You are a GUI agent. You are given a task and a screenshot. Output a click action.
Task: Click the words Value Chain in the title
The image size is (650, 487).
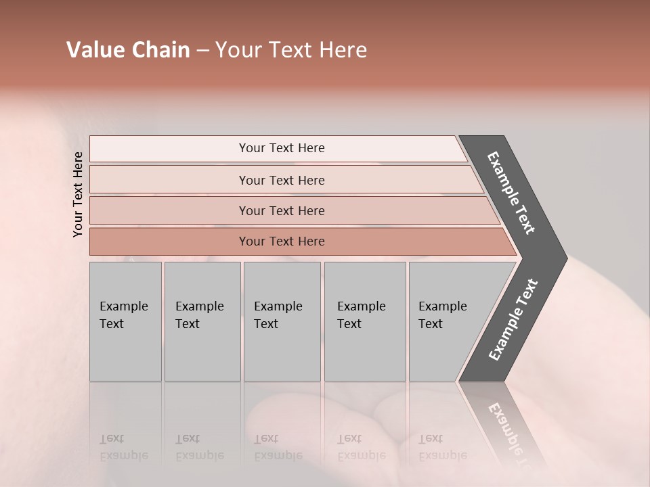click(128, 50)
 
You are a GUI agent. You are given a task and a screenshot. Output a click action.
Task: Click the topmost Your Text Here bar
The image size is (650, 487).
click(278, 149)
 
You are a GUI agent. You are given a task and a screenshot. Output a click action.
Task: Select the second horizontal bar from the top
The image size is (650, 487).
click(284, 180)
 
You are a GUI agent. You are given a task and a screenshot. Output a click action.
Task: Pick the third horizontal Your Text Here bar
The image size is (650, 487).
click(291, 210)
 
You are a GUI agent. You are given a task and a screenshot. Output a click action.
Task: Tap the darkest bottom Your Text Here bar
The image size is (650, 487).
click(298, 241)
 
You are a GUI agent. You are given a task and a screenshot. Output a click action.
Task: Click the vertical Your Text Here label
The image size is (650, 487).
click(79, 194)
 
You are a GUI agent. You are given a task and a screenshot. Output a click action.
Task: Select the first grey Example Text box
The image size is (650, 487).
click(125, 321)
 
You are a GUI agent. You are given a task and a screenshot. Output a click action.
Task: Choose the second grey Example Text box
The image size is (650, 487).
click(202, 321)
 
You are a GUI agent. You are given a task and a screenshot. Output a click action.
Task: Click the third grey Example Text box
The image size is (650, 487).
click(282, 321)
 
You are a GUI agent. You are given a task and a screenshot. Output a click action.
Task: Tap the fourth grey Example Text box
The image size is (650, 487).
click(365, 321)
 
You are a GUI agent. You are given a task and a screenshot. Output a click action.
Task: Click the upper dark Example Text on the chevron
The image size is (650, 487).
click(511, 193)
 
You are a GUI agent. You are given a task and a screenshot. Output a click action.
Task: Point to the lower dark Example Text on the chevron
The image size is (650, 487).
click(513, 319)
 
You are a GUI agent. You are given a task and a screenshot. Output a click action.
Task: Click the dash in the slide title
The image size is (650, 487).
click(202, 50)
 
